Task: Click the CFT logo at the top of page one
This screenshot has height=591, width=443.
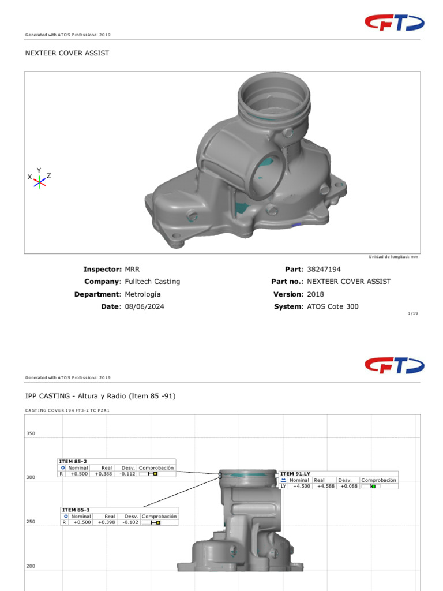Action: tap(394, 23)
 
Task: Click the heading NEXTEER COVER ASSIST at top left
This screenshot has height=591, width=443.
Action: tap(67, 53)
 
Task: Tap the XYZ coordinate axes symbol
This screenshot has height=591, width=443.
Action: tap(39, 179)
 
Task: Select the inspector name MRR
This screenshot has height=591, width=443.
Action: tap(132, 269)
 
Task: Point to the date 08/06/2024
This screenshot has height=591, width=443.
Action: tap(144, 306)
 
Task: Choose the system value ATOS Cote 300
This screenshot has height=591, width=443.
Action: tap(333, 306)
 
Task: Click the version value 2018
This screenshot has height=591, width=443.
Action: tap(316, 294)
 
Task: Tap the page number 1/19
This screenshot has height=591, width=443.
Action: tap(413, 315)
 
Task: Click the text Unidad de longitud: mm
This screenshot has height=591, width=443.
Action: tap(393, 257)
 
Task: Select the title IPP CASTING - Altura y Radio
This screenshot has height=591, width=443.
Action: tap(100, 396)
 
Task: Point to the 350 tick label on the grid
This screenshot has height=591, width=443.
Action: tap(31, 433)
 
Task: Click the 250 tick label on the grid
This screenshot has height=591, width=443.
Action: tap(31, 522)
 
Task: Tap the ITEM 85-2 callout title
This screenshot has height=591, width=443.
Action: tap(73, 461)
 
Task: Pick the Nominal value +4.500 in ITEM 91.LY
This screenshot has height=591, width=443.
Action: tap(302, 486)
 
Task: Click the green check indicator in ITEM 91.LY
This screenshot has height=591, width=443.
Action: tap(373, 487)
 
